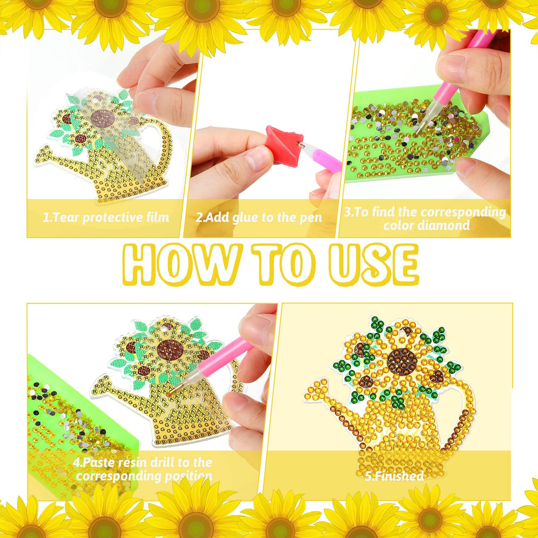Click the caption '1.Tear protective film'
(106, 218)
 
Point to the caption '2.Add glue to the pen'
(259, 218)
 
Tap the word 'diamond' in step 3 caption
(426, 225)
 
